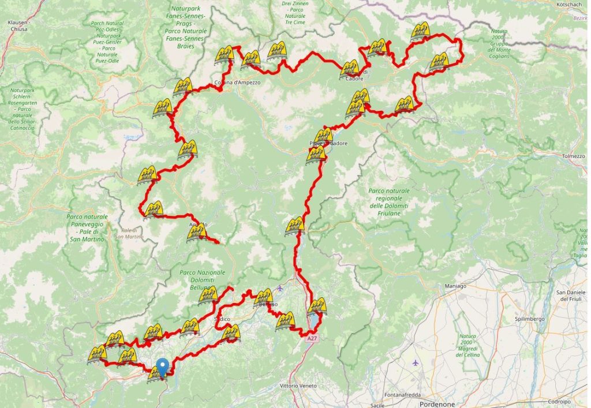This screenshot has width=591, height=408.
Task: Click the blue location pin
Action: point(163,366)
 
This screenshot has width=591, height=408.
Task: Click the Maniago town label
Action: point(455,286)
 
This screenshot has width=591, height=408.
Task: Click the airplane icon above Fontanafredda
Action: point(415,363)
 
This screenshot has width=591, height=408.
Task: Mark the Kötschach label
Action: point(569,4)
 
